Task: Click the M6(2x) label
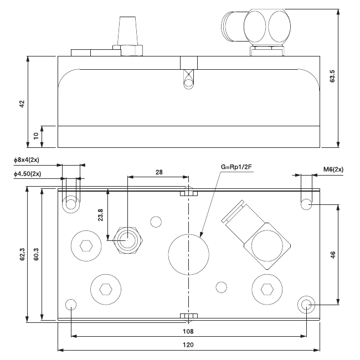click(x=332, y=169)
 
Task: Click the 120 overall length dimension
click(x=189, y=345)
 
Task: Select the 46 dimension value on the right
click(x=332, y=255)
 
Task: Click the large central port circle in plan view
click(x=189, y=254)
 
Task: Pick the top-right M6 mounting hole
click(x=307, y=205)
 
